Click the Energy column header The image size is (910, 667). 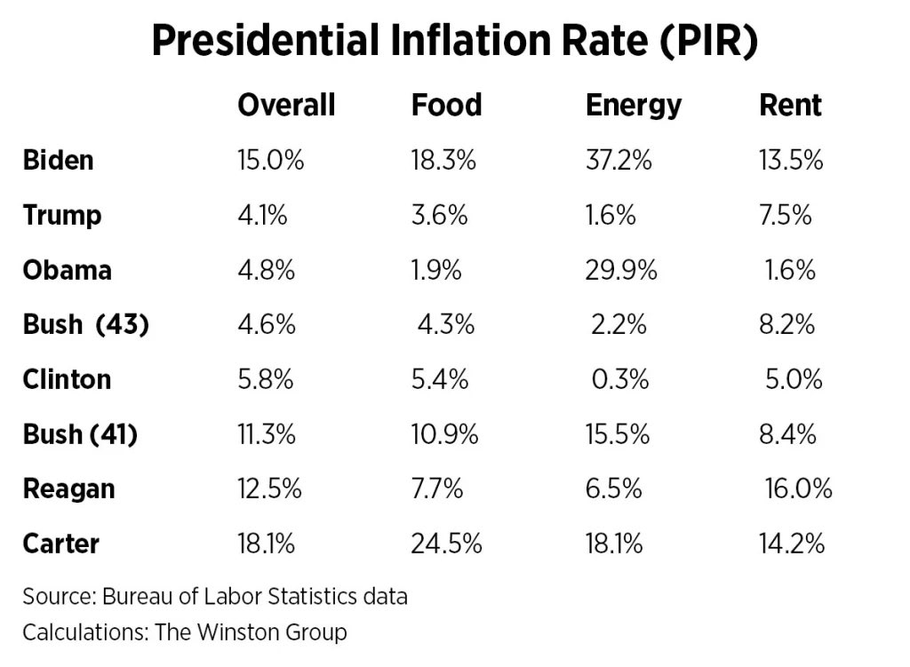633,106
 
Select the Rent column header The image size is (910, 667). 790,106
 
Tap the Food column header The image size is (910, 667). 446,106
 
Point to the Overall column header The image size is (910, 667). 286,106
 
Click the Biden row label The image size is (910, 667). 58,161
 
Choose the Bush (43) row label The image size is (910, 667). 85,325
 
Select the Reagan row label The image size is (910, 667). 68,488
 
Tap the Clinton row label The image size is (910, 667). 67,379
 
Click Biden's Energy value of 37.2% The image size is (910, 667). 619,161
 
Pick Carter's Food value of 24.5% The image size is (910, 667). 446,544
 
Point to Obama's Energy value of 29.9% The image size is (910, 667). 621,270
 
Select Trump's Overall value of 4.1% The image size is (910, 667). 262,216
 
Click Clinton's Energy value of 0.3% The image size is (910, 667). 620,379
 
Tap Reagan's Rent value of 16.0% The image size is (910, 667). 798,488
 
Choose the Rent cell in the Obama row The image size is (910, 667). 790,270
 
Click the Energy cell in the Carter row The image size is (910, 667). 614,544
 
